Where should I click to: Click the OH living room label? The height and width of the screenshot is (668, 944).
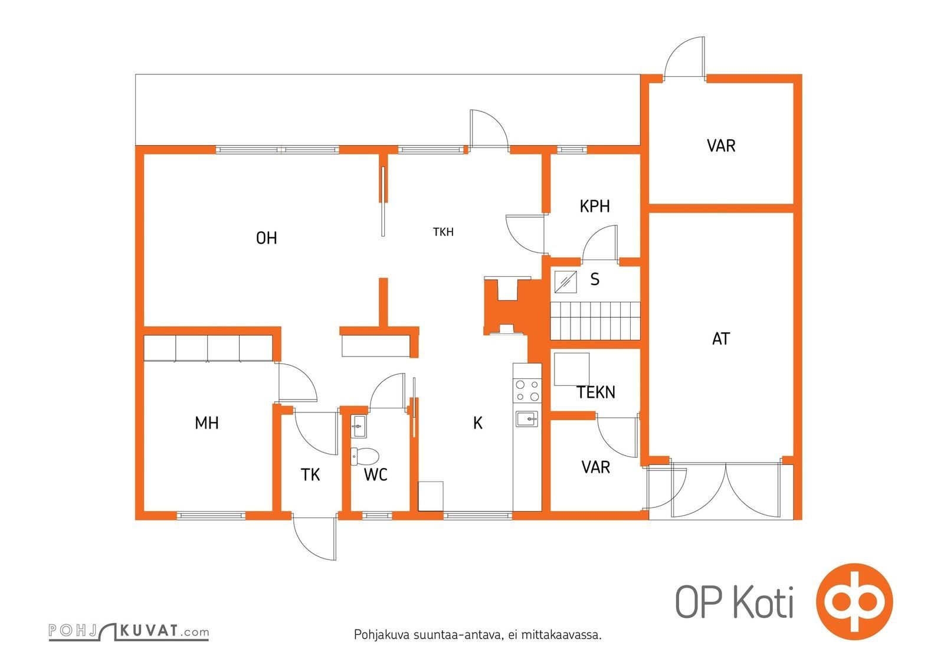(266, 238)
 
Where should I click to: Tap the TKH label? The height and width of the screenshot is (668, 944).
(443, 232)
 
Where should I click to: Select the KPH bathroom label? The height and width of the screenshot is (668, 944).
(595, 206)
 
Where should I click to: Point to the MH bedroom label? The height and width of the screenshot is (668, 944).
(206, 423)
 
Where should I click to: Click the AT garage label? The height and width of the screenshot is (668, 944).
(721, 338)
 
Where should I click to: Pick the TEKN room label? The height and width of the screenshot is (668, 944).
(595, 392)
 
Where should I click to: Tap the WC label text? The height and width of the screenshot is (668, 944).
(375, 474)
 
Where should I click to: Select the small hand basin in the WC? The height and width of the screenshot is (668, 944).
(359, 426)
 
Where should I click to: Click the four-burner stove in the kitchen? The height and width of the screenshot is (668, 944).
(527, 390)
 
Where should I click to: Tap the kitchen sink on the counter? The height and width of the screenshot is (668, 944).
(527, 419)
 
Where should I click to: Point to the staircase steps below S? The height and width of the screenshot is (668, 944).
(595, 321)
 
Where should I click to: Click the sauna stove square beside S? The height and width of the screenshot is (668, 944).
(565, 281)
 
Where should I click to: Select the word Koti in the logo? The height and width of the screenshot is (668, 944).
(763, 602)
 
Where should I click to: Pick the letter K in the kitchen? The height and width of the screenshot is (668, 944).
(477, 423)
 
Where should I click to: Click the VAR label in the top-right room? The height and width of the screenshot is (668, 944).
(721, 146)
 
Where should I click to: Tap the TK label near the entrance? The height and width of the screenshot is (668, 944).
(310, 474)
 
